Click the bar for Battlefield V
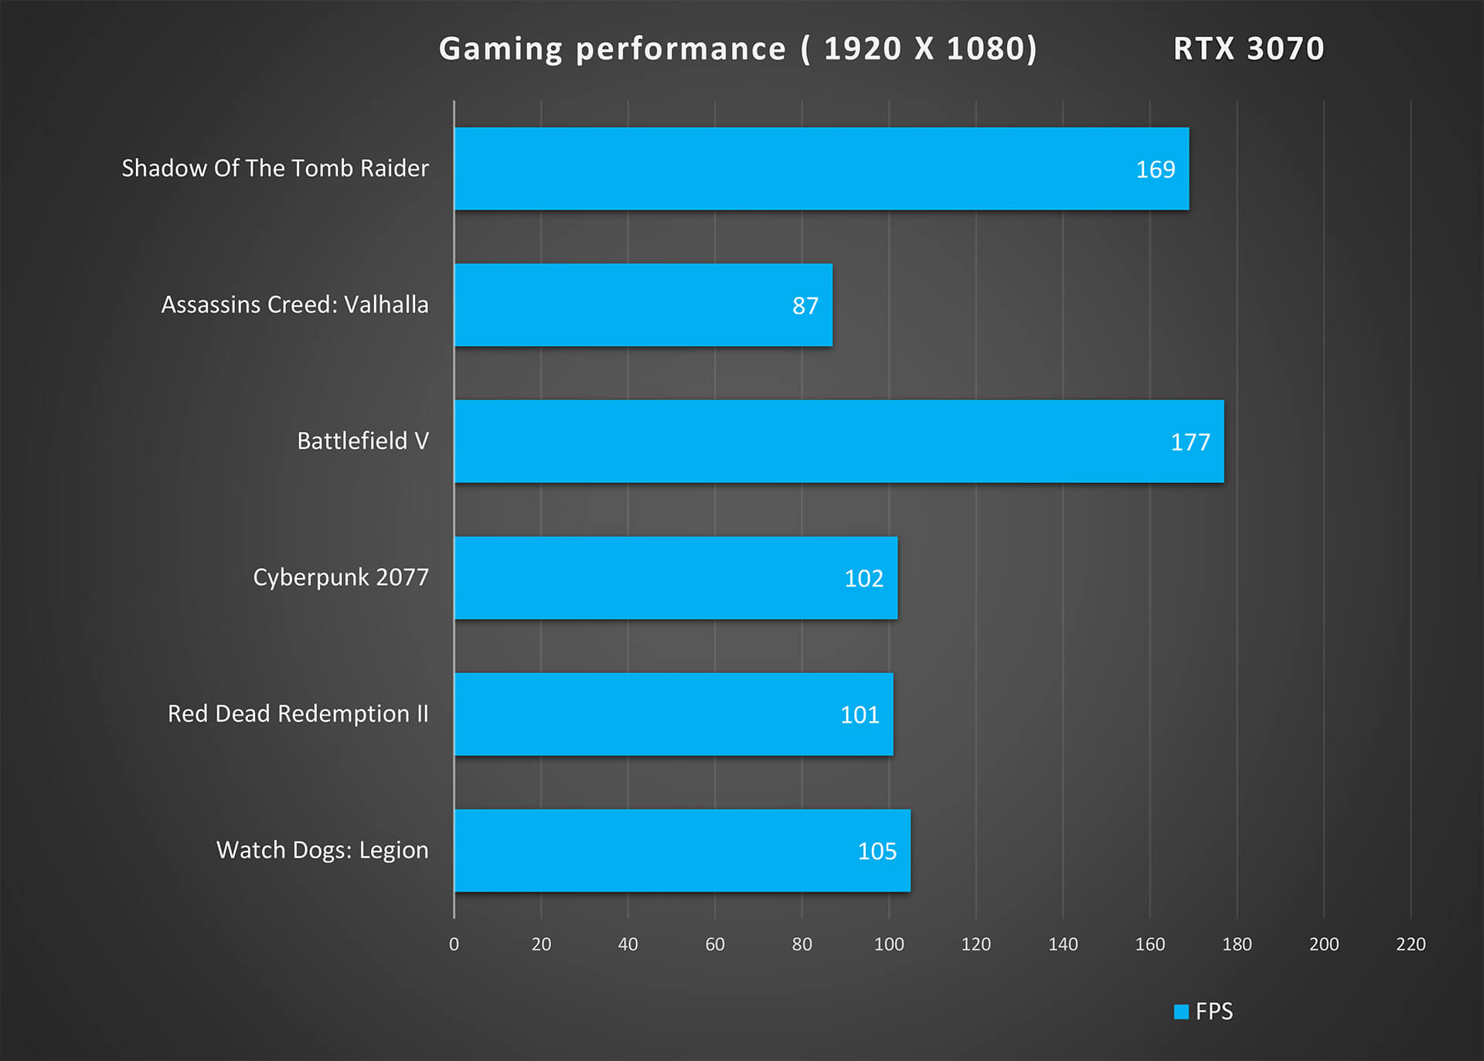pyautogui.click(x=839, y=441)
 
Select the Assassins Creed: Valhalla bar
pyautogui.click(x=643, y=305)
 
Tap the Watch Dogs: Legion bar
pyautogui.click(x=682, y=851)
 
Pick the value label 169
pyautogui.click(x=1155, y=169)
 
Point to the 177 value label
pyautogui.click(x=1190, y=442)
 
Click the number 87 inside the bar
pyautogui.click(x=805, y=306)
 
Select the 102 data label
pyautogui.click(x=863, y=579)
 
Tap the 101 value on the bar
pyautogui.click(x=859, y=715)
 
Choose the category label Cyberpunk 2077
pyautogui.click(x=340, y=577)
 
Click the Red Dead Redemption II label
pyautogui.click(x=298, y=713)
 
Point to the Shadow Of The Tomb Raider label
pyautogui.click(x=274, y=168)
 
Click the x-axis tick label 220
pyautogui.click(x=1411, y=944)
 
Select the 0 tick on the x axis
pyautogui.click(x=454, y=944)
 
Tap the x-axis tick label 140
pyautogui.click(x=1063, y=944)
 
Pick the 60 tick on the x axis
pyautogui.click(x=715, y=944)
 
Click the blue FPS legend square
pyautogui.click(x=1181, y=1012)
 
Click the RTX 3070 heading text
pyautogui.click(x=1248, y=49)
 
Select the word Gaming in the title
pyautogui.click(x=501, y=49)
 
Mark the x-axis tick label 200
pyautogui.click(x=1324, y=944)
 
